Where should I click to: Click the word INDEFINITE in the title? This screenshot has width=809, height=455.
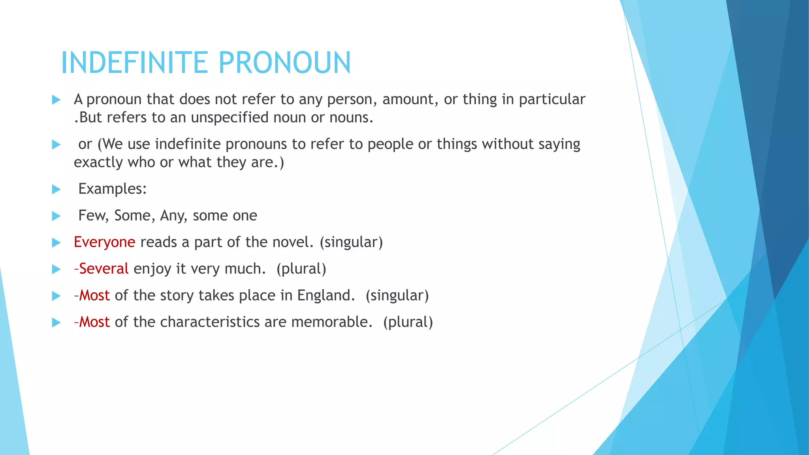(134, 63)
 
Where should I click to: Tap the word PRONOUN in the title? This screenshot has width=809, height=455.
(284, 63)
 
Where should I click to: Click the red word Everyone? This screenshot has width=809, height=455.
(104, 242)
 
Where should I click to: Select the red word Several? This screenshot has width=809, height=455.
(103, 269)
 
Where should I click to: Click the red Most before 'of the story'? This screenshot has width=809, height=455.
(94, 295)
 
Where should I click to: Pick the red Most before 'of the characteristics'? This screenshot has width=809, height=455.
(94, 322)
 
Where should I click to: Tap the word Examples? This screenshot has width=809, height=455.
(112, 189)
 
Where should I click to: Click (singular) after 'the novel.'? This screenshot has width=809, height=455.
(351, 242)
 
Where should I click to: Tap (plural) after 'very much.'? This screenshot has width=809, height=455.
(301, 269)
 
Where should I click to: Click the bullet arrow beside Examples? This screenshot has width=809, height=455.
(56, 189)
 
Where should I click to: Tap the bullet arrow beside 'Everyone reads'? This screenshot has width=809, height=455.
(56, 243)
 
